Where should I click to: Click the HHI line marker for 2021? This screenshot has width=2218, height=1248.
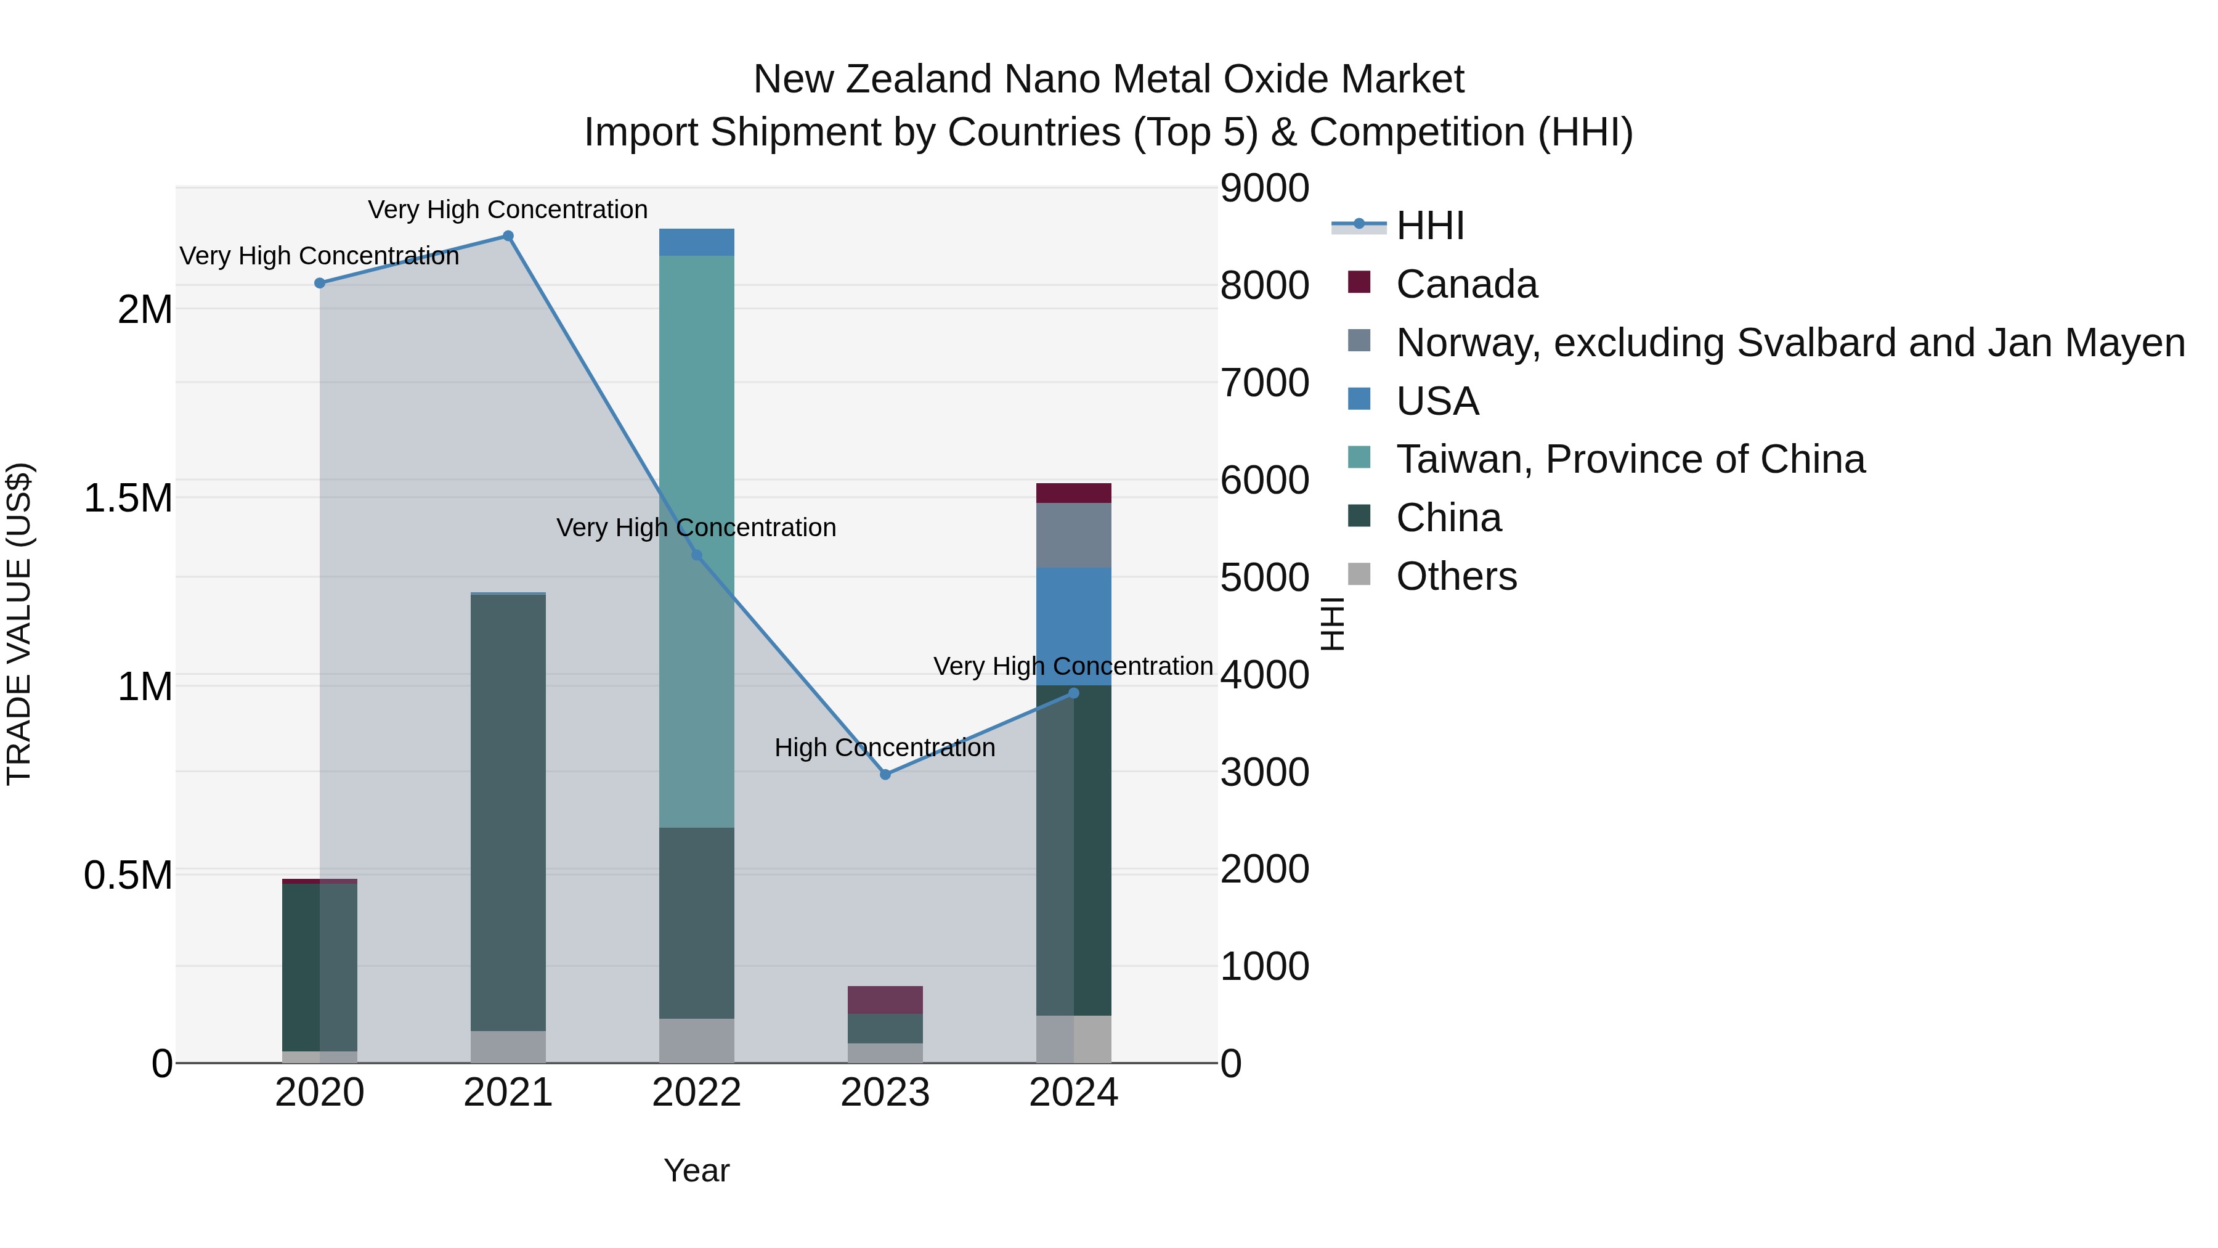tap(508, 236)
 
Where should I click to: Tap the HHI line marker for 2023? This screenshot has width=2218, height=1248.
tap(885, 774)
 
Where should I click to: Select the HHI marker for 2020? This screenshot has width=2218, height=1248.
tap(319, 282)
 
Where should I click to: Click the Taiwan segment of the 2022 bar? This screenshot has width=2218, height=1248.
tap(697, 431)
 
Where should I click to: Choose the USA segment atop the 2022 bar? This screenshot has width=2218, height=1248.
tap(697, 242)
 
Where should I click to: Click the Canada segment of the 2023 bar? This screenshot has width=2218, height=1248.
tap(885, 1000)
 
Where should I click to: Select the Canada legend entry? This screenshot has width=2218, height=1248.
tap(1466, 284)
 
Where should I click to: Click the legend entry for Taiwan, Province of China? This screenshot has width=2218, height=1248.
tap(1629, 459)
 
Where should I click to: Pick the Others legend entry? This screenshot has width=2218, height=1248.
tap(1455, 576)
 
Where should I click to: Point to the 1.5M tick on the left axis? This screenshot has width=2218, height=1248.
tap(128, 498)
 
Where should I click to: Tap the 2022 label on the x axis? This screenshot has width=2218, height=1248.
tap(697, 1093)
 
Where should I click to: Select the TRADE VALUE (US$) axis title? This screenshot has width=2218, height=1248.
tap(19, 624)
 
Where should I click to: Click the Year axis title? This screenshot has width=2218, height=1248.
tap(697, 1170)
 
